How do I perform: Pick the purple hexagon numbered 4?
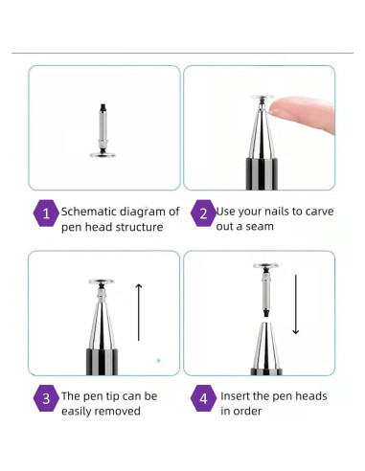pos(202,401)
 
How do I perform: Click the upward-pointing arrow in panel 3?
pos(139,311)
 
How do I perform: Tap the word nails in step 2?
pos(291,211)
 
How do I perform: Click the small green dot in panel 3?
pos(158,360)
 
